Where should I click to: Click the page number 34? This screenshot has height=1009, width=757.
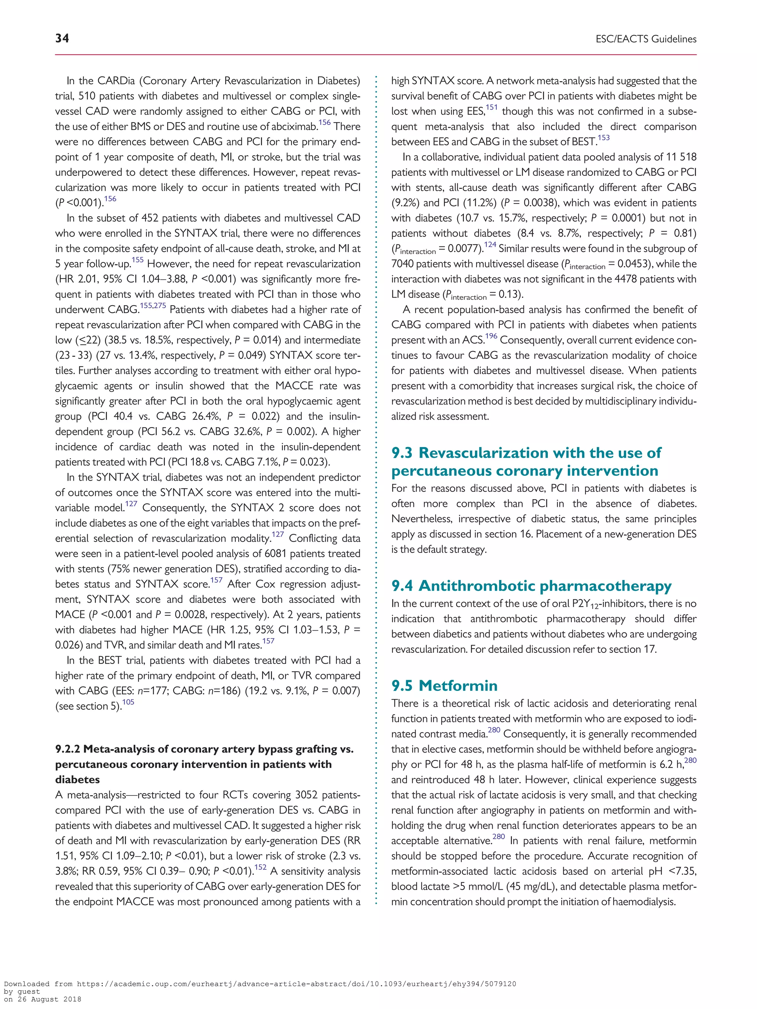62,38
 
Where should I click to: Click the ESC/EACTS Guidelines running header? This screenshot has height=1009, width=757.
646,39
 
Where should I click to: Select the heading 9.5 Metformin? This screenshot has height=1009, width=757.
444,686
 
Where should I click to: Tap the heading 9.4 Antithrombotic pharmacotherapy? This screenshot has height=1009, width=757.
531,586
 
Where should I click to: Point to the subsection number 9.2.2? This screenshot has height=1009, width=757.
68,749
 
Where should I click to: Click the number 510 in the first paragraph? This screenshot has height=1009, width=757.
87,96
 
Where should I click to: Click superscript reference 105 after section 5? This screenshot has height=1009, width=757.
128,702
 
